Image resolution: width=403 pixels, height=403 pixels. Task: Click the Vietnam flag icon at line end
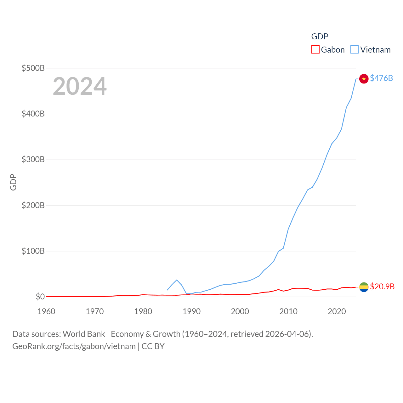click(x=364, y=79)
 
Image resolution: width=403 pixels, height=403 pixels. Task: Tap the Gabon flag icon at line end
click(x=364, y=287)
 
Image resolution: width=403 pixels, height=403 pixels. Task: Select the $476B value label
click(x=381, y=78)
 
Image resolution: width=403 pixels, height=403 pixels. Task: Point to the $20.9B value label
click(x=382, y=287)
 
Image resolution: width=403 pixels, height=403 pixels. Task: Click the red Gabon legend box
click(x=315, y=50)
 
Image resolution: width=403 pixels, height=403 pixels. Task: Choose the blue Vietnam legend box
click(x=355, y=50)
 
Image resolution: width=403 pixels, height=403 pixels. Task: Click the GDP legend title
click(x=320, y=37)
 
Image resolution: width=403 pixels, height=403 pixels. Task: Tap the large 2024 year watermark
click(x=80, y=86)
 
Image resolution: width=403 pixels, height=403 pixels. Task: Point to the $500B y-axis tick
click(x=33, y=68)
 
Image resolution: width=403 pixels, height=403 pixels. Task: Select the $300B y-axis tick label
click(x=33, y=159)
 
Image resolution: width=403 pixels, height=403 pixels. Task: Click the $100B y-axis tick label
click(x=33, y=251)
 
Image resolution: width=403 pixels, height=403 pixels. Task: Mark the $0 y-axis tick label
click(x=40, y=297)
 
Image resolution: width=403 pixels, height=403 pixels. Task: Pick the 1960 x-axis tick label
click(x=46, y=311)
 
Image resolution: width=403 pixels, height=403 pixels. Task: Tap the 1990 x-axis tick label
click(x=191, y=311)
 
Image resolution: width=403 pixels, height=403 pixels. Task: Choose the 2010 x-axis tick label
click(x=288, y=311)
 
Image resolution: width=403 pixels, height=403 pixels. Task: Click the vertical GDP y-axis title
click(x=13, y=182)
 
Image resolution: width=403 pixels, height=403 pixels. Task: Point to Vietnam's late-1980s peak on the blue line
click(x=177, y=280)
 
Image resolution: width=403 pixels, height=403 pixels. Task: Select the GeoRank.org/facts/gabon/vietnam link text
click(x=74, y=346)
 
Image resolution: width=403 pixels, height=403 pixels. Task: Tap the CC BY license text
click(x=153, y=346)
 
